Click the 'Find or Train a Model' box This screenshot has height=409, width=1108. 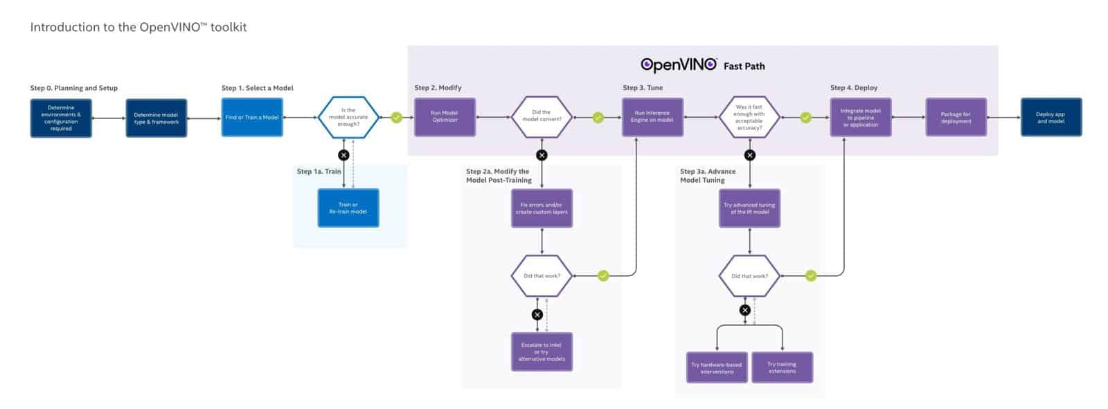[252, 118]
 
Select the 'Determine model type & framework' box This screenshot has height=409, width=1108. [157, 118]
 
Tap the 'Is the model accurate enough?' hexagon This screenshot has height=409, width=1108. [348, 118]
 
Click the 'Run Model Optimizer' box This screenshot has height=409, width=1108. [445, 117]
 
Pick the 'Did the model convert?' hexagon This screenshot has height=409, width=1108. [542, 117]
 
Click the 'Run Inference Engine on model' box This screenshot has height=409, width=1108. [652, 117]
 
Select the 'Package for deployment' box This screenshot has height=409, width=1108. [956, 118]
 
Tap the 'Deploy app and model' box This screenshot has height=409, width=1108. [1051, 118]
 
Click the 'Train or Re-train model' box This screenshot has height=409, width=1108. [348, 208]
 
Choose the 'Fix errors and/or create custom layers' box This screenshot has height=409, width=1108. [542, 208]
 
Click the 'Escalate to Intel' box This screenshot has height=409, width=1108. [542, 352]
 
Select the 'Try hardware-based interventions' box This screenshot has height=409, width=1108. [717, 367]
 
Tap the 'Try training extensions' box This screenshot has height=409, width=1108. [782, 367]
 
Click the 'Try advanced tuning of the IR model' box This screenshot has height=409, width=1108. [749, 208]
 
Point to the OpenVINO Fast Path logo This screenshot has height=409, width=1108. [702, 65]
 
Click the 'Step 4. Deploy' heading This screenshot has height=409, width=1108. [853, 88]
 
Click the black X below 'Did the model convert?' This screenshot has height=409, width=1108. [542, 155]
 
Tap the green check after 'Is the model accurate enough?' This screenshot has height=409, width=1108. [396, 118]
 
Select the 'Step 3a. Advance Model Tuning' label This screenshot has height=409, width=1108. [708, 176]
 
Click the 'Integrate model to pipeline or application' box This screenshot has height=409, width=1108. [861, 118]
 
